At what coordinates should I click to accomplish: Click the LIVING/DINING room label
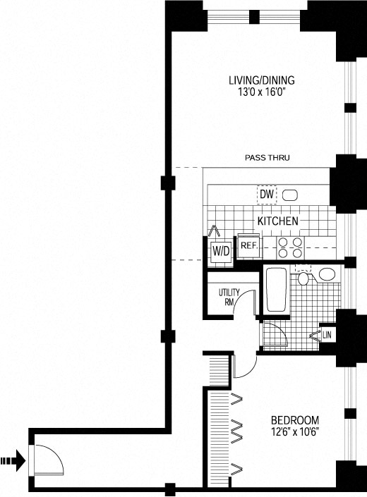262,80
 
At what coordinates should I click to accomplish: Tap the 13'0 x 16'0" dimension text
262,92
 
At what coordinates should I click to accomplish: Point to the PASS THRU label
267,157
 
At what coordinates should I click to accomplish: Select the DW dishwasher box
267,195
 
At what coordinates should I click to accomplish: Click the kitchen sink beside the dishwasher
290,195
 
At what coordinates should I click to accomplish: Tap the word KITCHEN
278,221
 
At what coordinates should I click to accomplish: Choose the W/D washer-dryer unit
221,252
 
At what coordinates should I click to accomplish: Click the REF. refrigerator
250,246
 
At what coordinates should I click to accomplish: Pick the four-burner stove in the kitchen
290,248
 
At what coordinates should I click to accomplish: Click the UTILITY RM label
229,297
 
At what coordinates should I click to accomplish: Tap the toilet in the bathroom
303,276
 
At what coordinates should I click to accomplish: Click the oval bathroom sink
327,274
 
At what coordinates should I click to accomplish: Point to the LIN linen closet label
327,336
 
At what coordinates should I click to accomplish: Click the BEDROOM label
295,420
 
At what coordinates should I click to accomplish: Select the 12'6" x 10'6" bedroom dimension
295,431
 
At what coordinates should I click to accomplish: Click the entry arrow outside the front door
13,460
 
